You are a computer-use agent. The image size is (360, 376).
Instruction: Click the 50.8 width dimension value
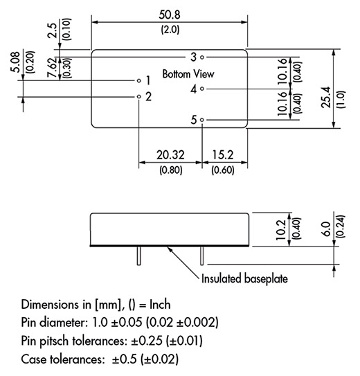click(x=170, y=15)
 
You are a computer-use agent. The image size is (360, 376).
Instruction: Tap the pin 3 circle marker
click(x=202, y=57)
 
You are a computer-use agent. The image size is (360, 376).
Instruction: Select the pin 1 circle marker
click(x=138, y=80)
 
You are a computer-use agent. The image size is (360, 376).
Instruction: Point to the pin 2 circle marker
click(x=138, y=96)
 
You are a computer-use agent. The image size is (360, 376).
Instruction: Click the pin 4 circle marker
click(x=202, y=89)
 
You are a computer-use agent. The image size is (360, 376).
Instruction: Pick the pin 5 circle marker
click(x=202, y=120)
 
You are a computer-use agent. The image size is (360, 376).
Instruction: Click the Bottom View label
click(x=188, y=74)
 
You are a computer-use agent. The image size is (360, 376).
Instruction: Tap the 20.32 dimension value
click(x=170, y=154)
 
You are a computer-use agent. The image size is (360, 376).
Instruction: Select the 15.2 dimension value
click(x=223, y=154)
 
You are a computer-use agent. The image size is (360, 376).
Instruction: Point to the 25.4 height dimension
click(x=326, y=98)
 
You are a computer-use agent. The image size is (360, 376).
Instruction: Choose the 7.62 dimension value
click(x=52, y=67)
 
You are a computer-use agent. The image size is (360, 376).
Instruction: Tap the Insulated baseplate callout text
click(x=244, y=278)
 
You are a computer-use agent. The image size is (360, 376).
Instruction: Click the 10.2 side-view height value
click(x=280, y=230)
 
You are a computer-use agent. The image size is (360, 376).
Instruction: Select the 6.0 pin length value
click(x=327, y=229)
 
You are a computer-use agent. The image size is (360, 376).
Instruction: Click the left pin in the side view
click(x=139, y=256)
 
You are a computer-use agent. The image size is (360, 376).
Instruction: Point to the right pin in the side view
click(x=202, y=256)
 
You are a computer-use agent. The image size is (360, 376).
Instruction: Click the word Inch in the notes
click(x=160, y=305)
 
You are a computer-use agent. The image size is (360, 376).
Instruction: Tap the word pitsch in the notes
click(x=54, y=341)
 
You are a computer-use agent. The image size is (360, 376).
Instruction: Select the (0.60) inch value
click(x=223, y=170)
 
